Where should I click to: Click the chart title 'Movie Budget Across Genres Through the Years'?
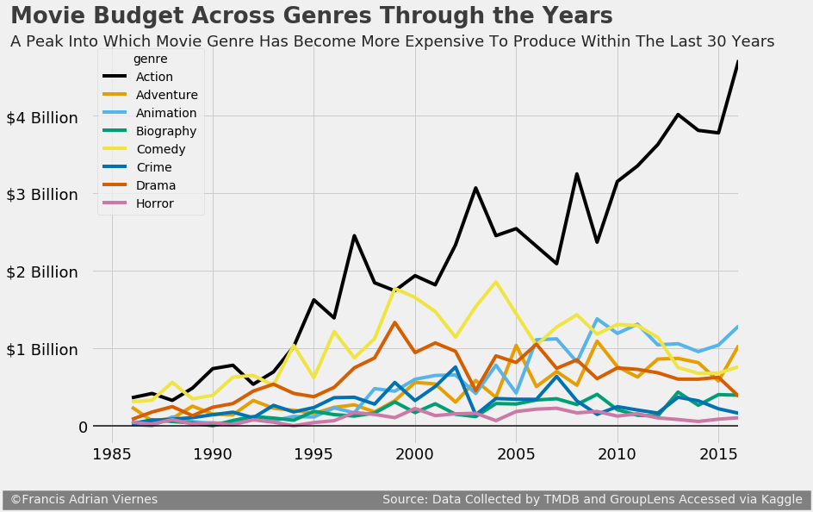[x=311, y=16]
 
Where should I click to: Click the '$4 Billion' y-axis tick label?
[x=54, y=117]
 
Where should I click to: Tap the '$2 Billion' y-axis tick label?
[x=54, y=272]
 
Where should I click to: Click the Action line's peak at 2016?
[x=738, y=62]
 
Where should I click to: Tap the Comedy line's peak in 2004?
[x=495, y=282]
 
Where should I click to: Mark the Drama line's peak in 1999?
[x=394, y=322]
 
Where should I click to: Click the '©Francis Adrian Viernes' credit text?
[x=84, y=500]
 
